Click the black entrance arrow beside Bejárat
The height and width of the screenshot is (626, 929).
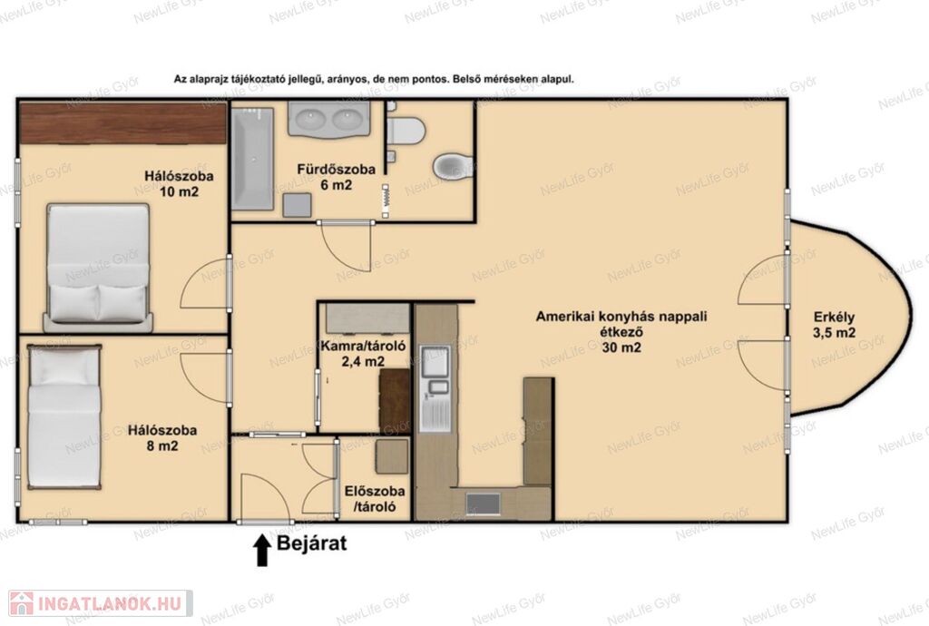[x=262, y=550]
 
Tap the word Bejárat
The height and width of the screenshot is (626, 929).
[x=312, y=543]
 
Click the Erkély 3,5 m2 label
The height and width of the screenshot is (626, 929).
[x=835, y=325]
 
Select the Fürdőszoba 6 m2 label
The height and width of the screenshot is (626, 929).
[x=336, y=177]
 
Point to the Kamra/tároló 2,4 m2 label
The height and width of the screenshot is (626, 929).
[x=363, y=354]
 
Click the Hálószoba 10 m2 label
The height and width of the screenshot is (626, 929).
[x=179, y=183]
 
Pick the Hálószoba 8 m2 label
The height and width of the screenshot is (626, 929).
[x=162, y=437]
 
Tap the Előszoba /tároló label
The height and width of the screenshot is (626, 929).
[x=375, y=499]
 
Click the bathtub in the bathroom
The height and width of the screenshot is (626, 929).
[x=252, y=159]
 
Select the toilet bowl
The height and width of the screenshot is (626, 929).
[x=453, y=166]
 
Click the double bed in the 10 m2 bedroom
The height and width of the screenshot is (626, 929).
[x=98, y=267]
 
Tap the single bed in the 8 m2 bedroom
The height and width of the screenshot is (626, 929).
[x=64, y=416]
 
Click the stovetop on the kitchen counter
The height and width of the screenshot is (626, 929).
[x=483, y=504]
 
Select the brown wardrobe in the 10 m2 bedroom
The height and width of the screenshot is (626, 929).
[x=123, y=123]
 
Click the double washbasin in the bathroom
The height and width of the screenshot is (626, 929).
[x=328, y=119]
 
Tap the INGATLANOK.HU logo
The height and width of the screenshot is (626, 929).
[x=101, y=603]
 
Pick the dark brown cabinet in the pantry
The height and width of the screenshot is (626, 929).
[x=395, y=401]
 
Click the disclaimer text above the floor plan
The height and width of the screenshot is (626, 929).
[x=374, y=79]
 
